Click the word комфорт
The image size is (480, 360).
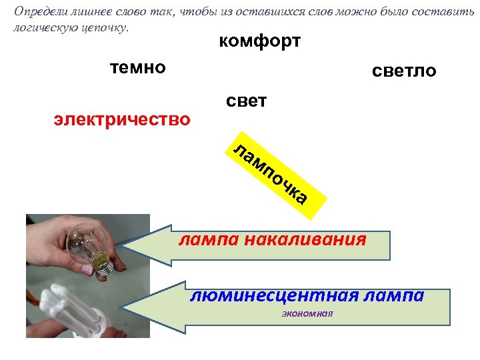pyautogui.click(x=259, y=42)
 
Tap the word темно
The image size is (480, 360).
pyautogui.click(x=137, y=67)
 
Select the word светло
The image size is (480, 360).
pyautogui.click(x=405, y=71)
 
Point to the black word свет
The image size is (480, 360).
pyautogui.click(x=246, y=101)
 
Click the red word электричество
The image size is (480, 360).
pyautogui.click(x=122, y=120)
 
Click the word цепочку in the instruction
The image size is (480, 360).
pyautogui.click(x=105, y=29)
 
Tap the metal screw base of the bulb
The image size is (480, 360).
pyautogui.click(x=105, y=267)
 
